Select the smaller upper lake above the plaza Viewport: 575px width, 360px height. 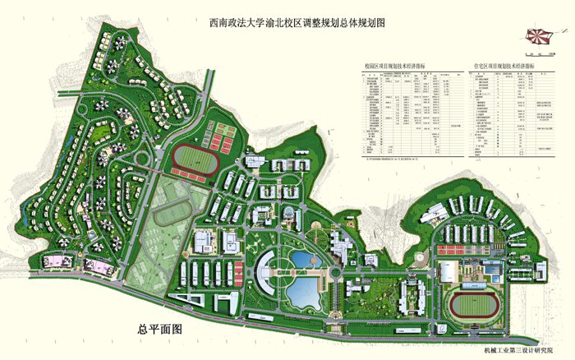pyautogui.click(x=302, y=261)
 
